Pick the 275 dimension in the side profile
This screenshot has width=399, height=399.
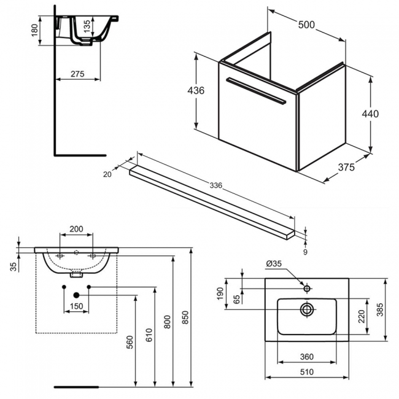[77, 74]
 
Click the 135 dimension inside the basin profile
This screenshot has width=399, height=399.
[87, 26]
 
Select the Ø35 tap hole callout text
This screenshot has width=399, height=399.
[274, 264]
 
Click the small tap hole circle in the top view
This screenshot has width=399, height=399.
[306, 287]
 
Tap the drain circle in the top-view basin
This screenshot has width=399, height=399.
[306, 309]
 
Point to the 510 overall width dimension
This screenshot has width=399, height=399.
[306, 371]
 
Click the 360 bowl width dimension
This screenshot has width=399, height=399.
[306, 357]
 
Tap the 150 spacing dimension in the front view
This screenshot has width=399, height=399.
[76, 306]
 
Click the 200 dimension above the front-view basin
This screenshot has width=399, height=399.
[76, 229]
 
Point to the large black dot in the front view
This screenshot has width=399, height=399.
[76, 295]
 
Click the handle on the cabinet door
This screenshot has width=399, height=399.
[256, 90]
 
